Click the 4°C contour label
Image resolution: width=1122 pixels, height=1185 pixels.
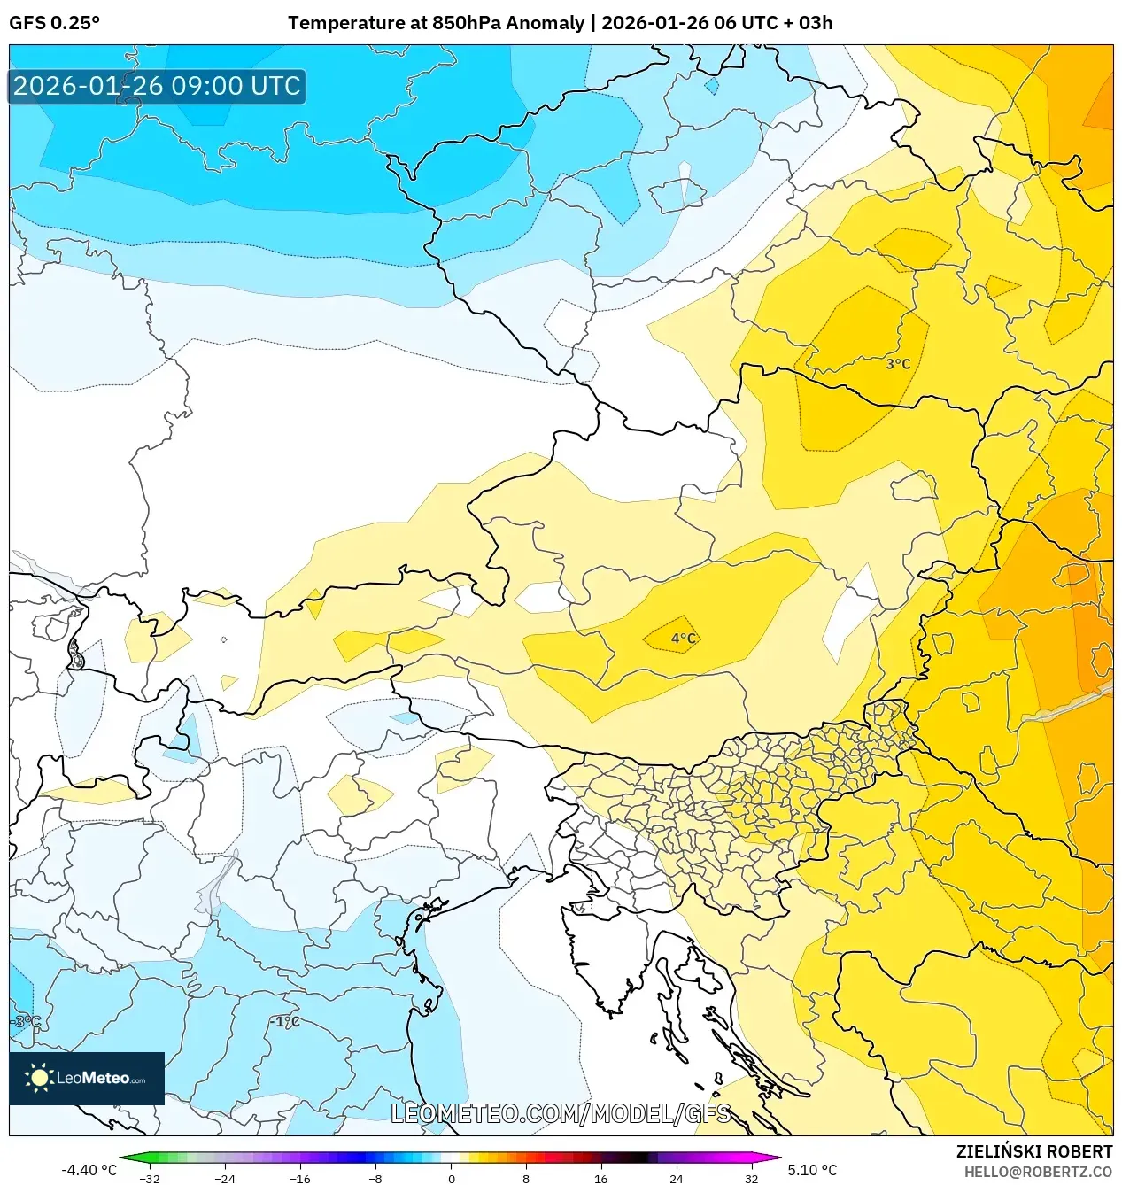pyautogui.click(x=683, y=639)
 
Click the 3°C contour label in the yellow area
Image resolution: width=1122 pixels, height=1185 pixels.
pyautogui.click(x=898, y=364)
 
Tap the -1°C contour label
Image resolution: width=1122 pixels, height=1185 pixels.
pyautogui.click(x=285, y=1021)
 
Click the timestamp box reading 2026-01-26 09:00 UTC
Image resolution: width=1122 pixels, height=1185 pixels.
pyautogui.click(x=157, y=86)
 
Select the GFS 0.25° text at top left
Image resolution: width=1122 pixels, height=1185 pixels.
pyautogui.click(x=55, y=23)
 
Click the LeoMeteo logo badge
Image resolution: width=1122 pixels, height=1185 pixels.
pyautogui.click(x=87, y=1078)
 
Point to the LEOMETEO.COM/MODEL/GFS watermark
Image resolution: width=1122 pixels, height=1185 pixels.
pyautogui.click(x=561, y=1113)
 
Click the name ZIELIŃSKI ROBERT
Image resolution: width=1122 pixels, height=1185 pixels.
pyautogui.click(x=1033, y=1151)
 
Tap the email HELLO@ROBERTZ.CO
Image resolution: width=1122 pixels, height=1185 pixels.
pyautogui.click(x=1038, y=1172)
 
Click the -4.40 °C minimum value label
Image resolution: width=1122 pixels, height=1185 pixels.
pyautogui.click(x=89, y=1170)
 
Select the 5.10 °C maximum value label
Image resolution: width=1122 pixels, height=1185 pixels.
pyautogui.click(x=812, y=1170)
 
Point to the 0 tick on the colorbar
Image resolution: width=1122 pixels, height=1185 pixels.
pyautogui.click(x=451, y=1179)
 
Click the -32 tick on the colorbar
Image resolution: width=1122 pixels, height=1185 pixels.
pyautogui.click(x=150, y=1179)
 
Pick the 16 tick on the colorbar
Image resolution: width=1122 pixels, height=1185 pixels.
pyautogui.click(x=600, y=1179)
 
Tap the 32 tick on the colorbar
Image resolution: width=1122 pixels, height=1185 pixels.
pyautogui.click(x=751, y=1179)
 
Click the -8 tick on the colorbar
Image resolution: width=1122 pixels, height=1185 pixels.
pyautogui.click(x=375, y=1179)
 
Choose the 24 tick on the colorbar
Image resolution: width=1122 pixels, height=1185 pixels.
pyautogui.click(x=676, y=1179)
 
